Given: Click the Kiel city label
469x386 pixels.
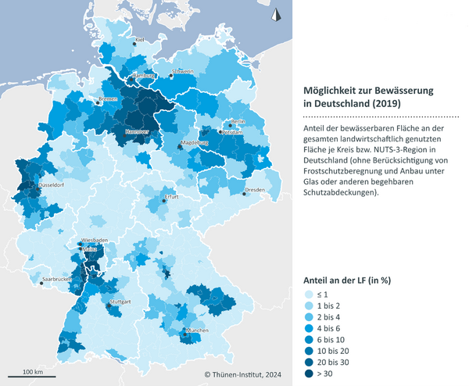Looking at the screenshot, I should pos(140,39).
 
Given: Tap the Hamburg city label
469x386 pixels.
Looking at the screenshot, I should pos(145,76).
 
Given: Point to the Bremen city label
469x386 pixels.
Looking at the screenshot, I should pos(109,99).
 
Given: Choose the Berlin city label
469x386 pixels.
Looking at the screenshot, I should pos(238,122).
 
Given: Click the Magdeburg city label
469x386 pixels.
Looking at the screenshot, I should pos(195,144).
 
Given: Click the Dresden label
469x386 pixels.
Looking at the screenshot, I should pos(255,190).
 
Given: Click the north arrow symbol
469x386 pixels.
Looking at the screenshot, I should pos(274,13).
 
